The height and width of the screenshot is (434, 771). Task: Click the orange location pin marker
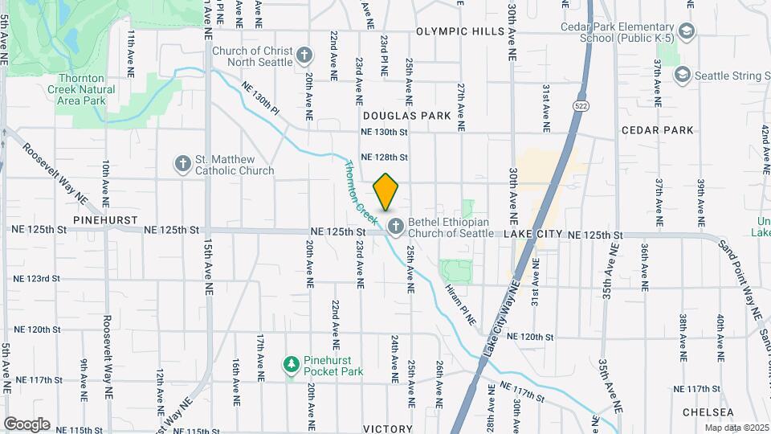[x=385, y=191]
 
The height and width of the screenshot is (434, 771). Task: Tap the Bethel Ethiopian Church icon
[x=395, y=227]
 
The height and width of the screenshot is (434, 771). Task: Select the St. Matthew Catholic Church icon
[x=183, y=164]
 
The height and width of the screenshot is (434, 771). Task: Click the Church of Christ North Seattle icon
[x=304, y=55]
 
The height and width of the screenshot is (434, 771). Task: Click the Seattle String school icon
[x=682, y=75]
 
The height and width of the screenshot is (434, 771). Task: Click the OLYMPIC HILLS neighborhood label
[x=460, y=32]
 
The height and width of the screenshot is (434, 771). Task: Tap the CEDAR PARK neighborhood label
[x=656, y=129]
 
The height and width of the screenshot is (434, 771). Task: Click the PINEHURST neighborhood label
[x=105, y=219]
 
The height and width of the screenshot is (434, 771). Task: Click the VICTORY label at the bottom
[x=388, y=429]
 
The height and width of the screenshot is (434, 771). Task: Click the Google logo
[x=27, y=424]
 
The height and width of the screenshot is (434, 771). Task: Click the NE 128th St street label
[x=385, y=158]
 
